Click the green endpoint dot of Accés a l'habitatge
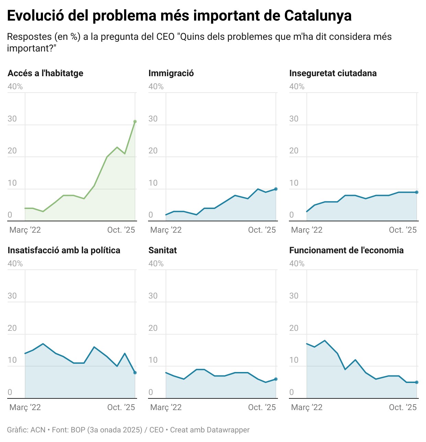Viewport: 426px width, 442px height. point(135,121)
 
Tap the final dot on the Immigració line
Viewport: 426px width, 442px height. point(276,189)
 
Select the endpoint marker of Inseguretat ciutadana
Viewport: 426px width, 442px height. point(417,192)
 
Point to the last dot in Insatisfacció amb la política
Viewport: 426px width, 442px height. point(135,373)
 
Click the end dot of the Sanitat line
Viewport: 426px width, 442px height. point(276,379)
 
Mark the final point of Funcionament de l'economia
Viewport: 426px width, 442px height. point(417,382)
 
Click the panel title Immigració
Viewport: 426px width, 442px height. point(171,73)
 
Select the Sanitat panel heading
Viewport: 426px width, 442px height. point(162,250)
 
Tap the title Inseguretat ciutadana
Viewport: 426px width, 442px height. point(333,73)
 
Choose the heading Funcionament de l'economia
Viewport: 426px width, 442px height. point(346,250)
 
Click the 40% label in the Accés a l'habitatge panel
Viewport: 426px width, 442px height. point(15,86)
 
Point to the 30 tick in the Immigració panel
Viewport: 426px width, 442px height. point(153,119)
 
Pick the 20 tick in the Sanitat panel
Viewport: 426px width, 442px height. point(153,328)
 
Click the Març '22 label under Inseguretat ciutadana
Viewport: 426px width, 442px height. point(307,230)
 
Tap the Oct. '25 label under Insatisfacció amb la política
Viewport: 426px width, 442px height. point(121,407)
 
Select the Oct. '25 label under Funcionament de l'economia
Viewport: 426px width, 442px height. point(403,407)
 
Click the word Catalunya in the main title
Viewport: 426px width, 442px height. point(318,16)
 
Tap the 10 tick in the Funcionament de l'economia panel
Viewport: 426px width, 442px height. point(294,360)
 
